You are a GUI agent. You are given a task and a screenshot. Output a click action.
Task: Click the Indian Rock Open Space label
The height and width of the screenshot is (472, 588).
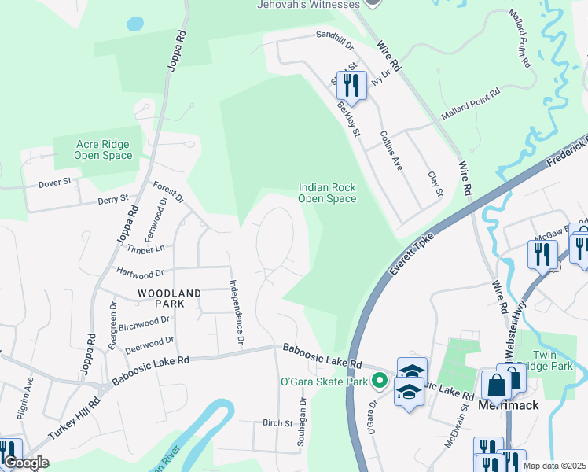tap(327, 193)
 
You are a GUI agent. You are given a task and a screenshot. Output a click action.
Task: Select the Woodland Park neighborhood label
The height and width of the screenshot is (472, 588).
tap(160, 297)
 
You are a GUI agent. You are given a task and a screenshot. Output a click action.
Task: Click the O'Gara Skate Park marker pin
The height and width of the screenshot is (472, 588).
tap(380, 382)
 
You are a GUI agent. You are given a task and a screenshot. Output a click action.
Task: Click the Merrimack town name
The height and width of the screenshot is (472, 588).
tap(509, 406)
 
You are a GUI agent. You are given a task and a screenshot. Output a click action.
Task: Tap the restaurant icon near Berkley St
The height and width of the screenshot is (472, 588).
tap(351, 86)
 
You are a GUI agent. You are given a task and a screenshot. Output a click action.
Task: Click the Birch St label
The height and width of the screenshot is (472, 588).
tap(277, 423)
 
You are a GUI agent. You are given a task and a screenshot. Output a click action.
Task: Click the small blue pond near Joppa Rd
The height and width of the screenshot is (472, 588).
tap(135, 24)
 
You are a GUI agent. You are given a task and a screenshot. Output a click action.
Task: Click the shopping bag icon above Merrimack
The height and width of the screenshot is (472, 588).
tap(497, 385)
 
